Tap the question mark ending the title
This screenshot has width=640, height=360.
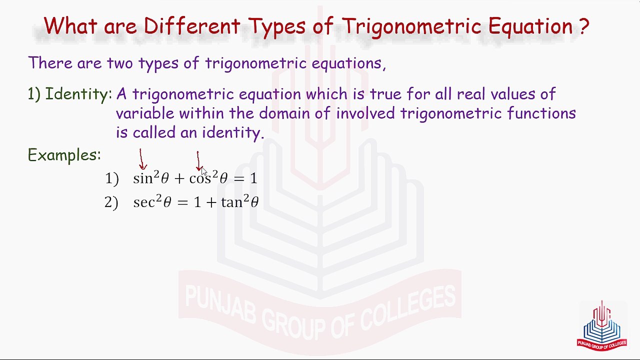tap(584, 26)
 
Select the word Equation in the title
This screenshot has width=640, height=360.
tap(530, 26)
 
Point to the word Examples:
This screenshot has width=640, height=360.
tap(64, 155)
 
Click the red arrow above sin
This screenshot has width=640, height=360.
tap(142, 159)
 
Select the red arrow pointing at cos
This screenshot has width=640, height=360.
tap(198, 161)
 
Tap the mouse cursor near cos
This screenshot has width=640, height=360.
tap(204, 171)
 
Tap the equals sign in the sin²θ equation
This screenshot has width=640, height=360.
tap(238, 178)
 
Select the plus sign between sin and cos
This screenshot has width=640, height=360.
tap(179, 178)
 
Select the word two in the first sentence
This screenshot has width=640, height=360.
tap(120, 63)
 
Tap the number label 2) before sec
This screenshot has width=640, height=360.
tap(111, 202)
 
